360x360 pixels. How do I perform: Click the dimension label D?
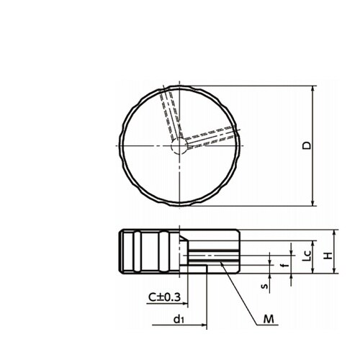click(x=307, y=145)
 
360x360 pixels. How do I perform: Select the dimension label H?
click(x=328, y=256)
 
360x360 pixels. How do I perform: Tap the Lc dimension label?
click(x=307, y=256)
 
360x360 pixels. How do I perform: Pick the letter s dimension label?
click(x=265, y=286)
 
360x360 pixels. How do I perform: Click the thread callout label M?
click(x=269, y=320)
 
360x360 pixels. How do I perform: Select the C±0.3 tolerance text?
click(x=164, y=297)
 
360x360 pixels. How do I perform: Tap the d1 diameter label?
click(x=179, y=319)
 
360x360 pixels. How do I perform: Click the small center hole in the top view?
click(x=179, y=146)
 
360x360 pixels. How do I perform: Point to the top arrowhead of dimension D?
click(x=312, y=89)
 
